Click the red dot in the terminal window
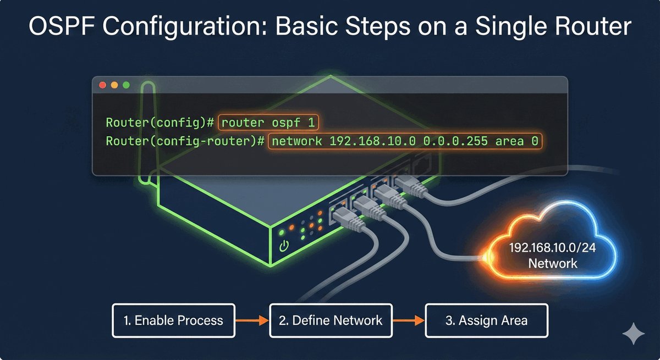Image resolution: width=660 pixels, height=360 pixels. (x=102, y=85)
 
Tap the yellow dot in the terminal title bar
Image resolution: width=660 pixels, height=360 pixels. (x=114, y=85)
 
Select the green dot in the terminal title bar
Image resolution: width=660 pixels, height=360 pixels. (x=127, y=85)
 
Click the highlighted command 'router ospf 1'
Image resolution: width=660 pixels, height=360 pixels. (x=269, y=123)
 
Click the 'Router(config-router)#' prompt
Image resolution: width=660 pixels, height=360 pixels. (x=186, y=141)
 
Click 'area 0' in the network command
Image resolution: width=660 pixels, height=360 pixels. (x=516, y=141)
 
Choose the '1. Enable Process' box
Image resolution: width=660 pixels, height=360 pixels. (x=173, y=320)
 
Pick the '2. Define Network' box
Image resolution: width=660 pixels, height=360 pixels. (x=330, y=320)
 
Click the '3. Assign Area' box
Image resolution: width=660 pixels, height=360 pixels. (x=487, y=320)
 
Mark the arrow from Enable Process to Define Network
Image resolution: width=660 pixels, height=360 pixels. (x=251, y=320)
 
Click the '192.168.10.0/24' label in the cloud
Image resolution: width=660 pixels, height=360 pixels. (x=552, y=248)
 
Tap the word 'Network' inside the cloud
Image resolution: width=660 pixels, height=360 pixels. (x=552, y=263)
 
